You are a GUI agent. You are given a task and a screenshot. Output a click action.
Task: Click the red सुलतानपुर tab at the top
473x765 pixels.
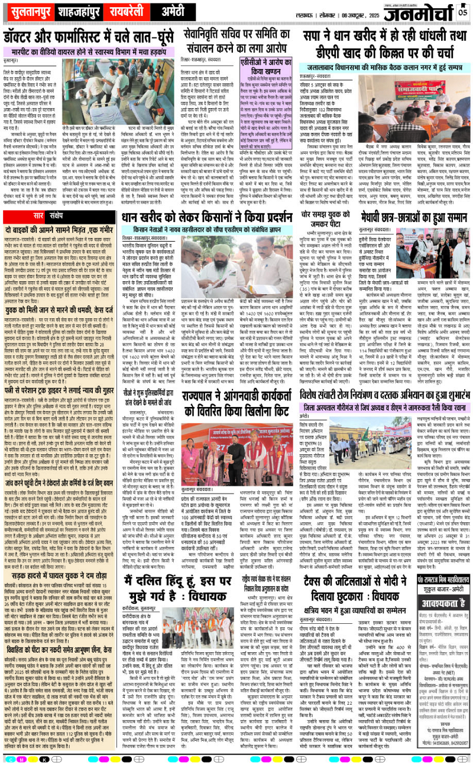(x=35, y=11)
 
